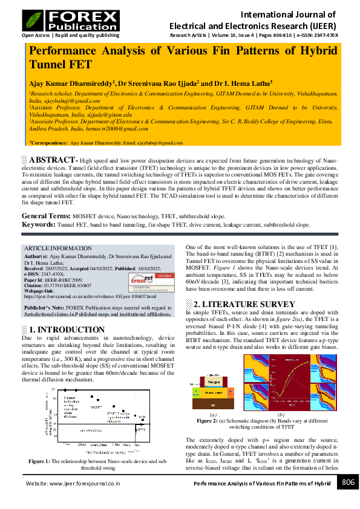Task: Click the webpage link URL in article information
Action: [x=90, y=297]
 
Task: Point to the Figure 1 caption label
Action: [x=42, y=461]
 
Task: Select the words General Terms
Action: [x=46, y=216]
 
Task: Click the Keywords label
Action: [x=39, y=224]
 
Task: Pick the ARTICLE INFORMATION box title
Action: [x=54, y=248]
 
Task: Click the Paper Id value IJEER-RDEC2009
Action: [x=66, y=280]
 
